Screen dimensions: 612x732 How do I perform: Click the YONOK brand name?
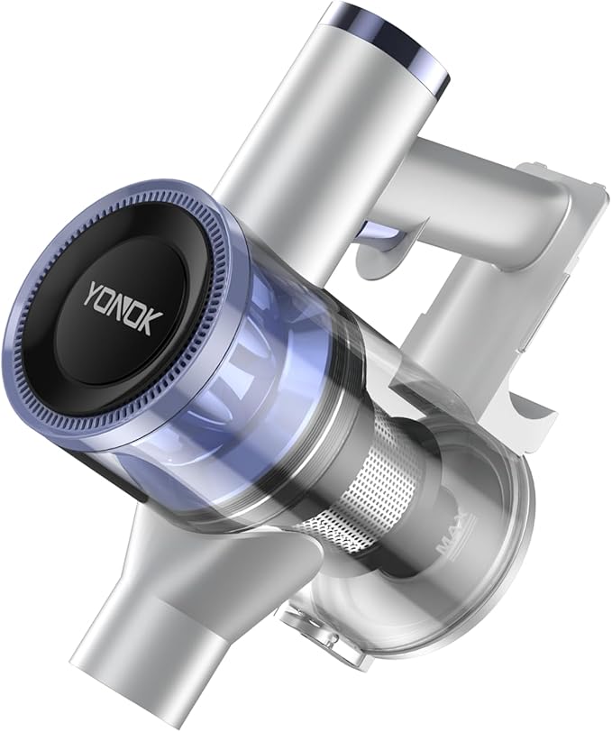[123, 309]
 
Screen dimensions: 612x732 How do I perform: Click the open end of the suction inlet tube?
[119, 686]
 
